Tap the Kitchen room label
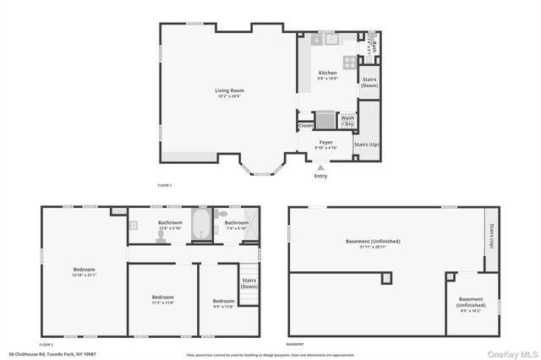pos(327,74)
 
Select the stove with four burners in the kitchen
pos(349,61)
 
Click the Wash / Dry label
pos(347,121)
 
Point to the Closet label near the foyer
pos(306,126)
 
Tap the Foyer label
pos(325,143)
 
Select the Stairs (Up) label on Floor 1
pos(366,145)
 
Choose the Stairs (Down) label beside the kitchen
pos(369,82)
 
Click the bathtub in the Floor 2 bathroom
pos(204,227)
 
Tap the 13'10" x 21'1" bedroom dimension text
pos(85,275)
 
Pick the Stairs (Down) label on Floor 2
pos(249,283)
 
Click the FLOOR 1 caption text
pos(164,185)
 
